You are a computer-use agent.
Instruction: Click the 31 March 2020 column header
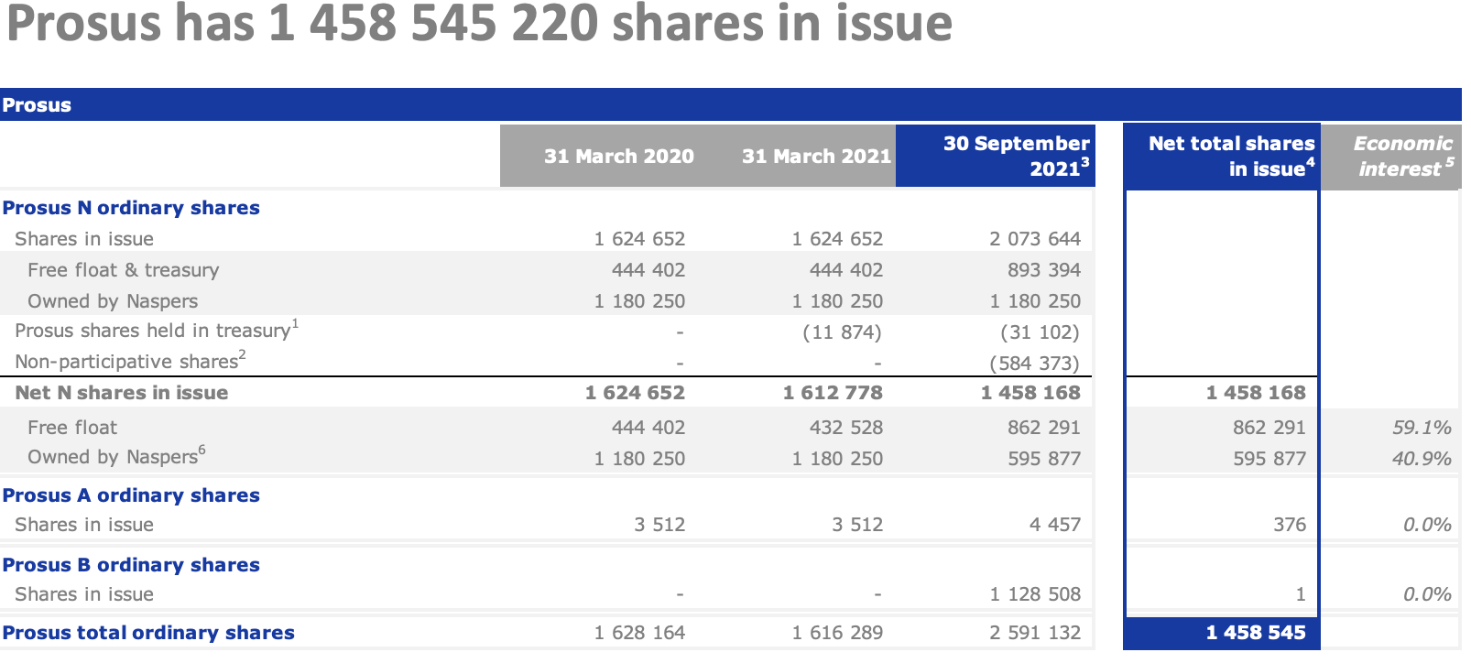point(618,157)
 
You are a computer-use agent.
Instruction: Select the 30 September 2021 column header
point(1016,156)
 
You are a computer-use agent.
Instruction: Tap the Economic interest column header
point(1402,156)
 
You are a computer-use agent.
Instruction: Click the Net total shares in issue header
point(1231,156)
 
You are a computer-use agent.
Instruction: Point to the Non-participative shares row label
point(129,361)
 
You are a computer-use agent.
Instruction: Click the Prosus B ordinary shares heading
point(131,565)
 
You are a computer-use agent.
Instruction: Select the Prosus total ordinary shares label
point(148,633)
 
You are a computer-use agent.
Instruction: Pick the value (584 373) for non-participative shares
point(1035,364)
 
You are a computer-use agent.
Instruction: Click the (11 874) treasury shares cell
point(842,332)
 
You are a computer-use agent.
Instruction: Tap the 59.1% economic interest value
point(1422,428)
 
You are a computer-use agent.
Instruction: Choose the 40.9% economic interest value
point(1422,459)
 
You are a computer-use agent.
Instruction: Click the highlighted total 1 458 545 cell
point(1256,633)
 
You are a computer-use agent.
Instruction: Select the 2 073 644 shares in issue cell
point(1035,239)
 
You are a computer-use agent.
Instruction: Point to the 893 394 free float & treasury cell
point(1044,270)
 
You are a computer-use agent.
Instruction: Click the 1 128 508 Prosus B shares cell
point(1035,594)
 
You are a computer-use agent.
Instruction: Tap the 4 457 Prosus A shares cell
point(1054,525)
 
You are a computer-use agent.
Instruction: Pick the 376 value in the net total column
point(1289,525)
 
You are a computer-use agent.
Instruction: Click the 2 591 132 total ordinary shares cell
point(1035,633)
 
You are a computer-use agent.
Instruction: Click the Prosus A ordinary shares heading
point(131,495)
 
